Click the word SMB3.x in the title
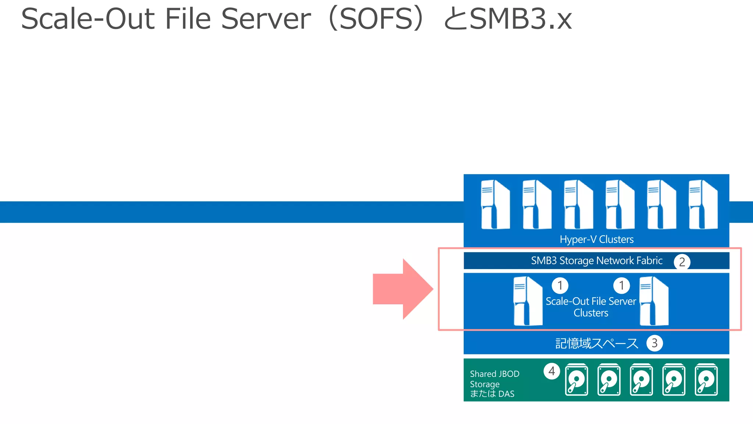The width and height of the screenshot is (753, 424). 520,19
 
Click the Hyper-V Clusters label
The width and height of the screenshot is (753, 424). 596,240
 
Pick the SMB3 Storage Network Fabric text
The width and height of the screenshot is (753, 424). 596,261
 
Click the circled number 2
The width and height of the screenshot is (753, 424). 682,262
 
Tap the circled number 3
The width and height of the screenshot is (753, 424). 654,343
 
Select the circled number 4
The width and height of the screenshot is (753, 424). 552,371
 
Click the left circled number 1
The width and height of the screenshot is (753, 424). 560,285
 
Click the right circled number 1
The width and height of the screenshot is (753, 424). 621,285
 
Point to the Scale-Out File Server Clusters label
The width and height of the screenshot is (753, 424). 591,307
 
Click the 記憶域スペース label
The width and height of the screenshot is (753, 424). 596,343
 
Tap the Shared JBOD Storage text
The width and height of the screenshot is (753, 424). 494,379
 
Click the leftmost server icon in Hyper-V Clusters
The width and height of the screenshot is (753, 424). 495,205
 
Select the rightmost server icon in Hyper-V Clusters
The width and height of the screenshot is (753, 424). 703,205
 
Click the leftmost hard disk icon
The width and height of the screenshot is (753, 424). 576,380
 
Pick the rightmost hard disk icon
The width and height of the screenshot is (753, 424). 706,380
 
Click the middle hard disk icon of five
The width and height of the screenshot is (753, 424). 641,380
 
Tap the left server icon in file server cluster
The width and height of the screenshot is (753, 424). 528,301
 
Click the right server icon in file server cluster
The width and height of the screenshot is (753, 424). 654,301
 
